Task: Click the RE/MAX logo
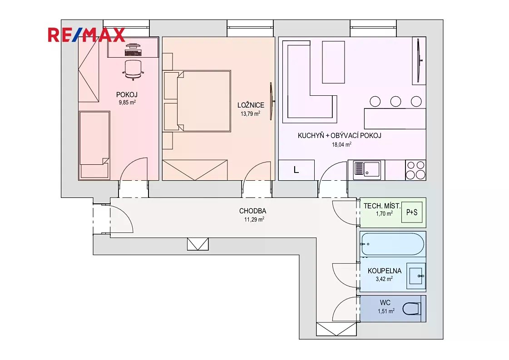(86, 35)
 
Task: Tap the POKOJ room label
(127, 95)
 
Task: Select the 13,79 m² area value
(250, 113)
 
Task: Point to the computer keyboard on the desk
(133, 53)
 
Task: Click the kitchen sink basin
(372, 169)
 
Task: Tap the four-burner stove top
(415, 170)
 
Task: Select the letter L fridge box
(297, 170)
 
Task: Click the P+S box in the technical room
(412, 212)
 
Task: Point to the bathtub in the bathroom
(392, 244)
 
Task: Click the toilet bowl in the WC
(412, 309)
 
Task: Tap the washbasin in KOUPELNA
(416, 276)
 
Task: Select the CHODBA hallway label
(252, 211)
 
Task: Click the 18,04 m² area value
(341, 144)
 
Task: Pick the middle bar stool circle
(395, 101)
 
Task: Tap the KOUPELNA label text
(384, 271)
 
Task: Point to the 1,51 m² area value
(386, 311)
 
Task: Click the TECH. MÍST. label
(382, 206)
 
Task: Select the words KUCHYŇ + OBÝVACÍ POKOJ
(340, 136)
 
